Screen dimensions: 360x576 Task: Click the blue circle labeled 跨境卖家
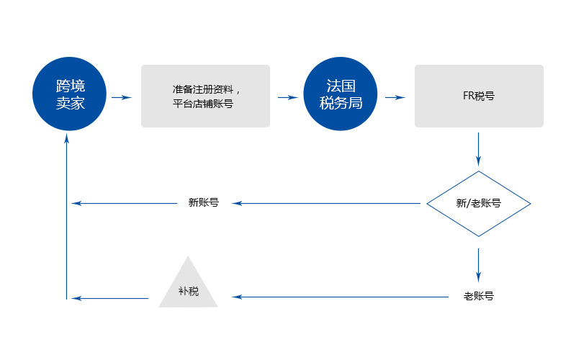(71, 96)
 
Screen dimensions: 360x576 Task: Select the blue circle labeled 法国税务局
(341, 96)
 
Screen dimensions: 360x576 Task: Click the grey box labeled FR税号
(479, 96)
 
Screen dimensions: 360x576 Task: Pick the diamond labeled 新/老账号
(479, 204)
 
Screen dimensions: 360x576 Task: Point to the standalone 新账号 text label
(203, 203)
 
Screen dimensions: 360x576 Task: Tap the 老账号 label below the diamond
(479, 296)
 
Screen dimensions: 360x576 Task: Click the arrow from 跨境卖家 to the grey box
(122, 96)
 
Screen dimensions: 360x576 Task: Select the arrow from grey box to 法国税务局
(287, 96)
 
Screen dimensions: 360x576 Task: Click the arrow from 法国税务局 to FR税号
(395, 96)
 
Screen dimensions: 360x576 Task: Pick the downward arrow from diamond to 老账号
(479, 265)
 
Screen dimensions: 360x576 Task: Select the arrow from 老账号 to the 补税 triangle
(338, 297)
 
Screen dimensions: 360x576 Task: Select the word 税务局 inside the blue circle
(341, 104)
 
